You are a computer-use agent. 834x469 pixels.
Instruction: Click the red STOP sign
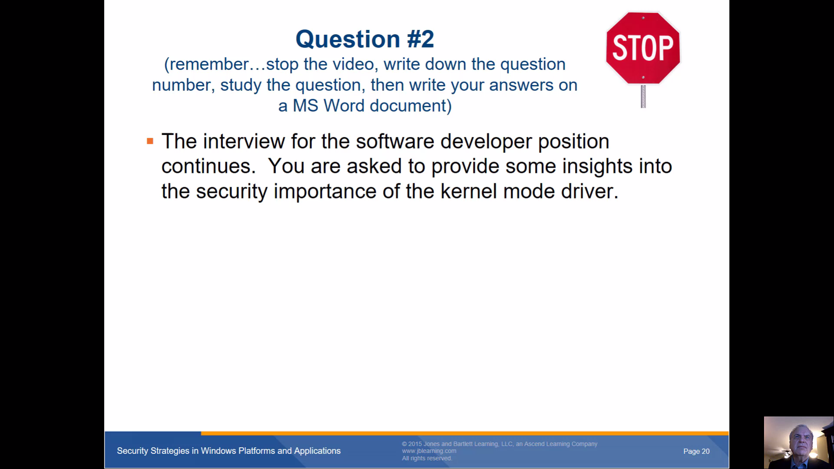[643, 48]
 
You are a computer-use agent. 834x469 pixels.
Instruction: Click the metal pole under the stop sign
[643, 96]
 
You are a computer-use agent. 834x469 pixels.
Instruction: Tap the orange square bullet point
[150, 141]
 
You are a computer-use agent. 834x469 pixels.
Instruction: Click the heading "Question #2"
[365, 39]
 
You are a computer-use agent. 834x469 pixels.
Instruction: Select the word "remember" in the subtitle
[209, 64]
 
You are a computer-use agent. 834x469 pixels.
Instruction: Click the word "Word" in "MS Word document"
[344, 106]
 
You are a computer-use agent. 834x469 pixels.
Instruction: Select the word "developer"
[486, 142]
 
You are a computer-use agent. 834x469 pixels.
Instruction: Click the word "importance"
[325, 192]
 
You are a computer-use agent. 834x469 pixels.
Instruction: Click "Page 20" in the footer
[696, 451]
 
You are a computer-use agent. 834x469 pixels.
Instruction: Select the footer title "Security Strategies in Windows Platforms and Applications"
[228, 451]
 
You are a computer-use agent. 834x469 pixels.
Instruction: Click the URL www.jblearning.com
[429, 451]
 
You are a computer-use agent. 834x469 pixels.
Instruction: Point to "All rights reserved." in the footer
[427, 458]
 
